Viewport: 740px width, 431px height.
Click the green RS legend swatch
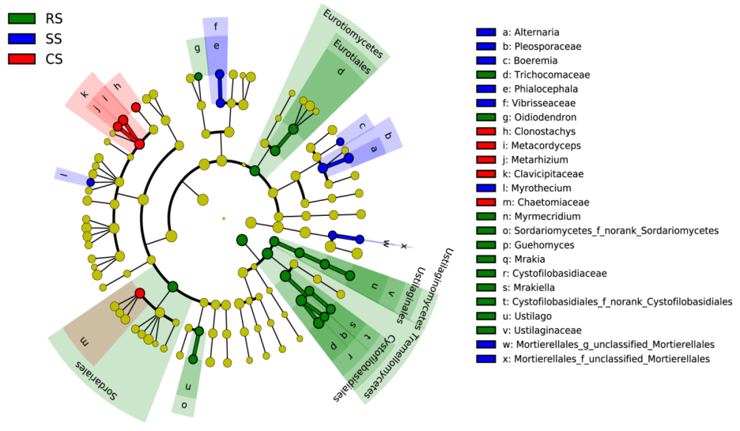coord(22,18)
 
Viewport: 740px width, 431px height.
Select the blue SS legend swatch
coord(22,38)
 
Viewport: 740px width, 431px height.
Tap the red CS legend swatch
coord(22,59)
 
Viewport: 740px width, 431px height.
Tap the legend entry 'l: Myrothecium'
coord(542,188)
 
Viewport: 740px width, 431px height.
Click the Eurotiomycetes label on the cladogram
coord(354,32)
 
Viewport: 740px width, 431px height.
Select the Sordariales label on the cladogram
coord(96,380)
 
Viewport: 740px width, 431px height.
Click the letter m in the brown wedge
coord(87,342)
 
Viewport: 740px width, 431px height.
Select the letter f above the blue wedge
coord(215,26)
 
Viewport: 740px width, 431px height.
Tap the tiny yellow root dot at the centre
coord(224,217)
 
